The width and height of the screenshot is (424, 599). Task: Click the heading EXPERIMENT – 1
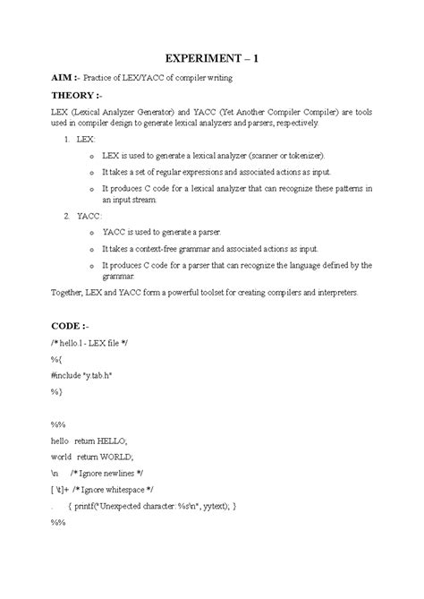pyautogui.click(x=211, y=60)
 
